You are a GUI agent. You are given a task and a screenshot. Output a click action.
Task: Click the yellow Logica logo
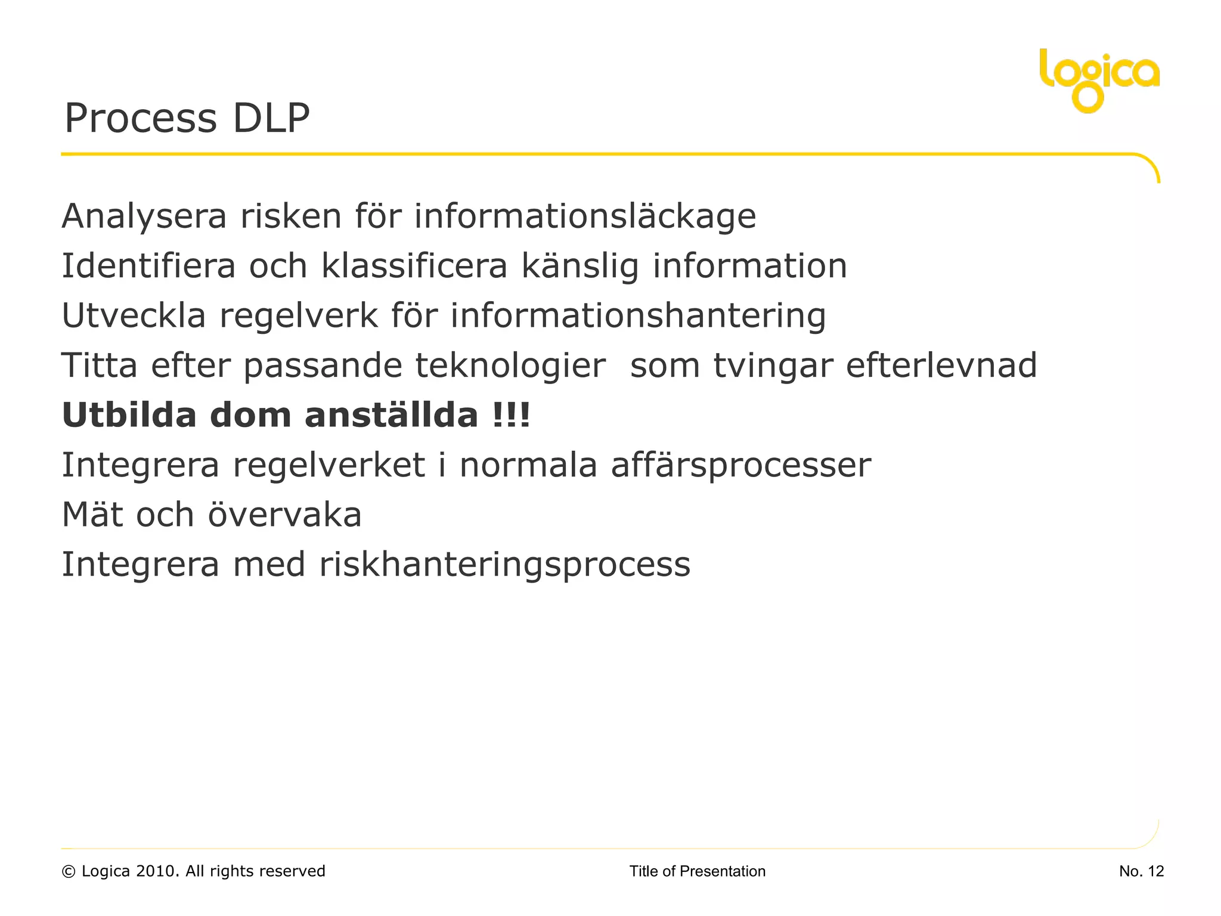tap(1099, 79)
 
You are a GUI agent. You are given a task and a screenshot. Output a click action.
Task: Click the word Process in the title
tap(141, 118)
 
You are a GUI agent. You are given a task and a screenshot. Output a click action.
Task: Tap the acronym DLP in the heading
tap(271, 118)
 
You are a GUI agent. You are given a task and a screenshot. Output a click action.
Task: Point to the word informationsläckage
tap(585, 217)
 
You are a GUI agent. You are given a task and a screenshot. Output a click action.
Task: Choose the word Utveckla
tap(134, 315)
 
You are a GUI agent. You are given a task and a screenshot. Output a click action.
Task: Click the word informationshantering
tap(638, 317)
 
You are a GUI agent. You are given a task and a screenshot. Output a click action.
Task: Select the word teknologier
tap(510, 366)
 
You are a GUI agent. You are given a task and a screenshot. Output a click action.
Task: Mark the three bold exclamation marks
tap(512, 415)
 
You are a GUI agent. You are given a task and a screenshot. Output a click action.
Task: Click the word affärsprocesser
tap(740, 466)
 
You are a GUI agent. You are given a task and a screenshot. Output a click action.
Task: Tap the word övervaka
tap(284, 515)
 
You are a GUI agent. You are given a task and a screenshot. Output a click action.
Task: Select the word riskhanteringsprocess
tap(504, 565)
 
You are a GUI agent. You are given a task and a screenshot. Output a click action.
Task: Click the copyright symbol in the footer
tap(69, 872)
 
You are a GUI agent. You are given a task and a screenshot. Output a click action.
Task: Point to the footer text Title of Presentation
tap(697, 871)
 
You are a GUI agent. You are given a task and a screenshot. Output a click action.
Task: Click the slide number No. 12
tap(1141, 871)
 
